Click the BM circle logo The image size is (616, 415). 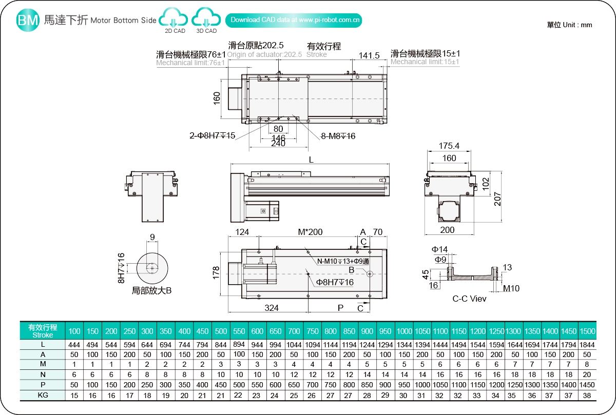pyautogui.click(x=28, y=20)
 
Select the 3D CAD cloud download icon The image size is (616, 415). pyautogui.click(x=206, y=20)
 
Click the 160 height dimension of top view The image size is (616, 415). pyautogui.click(x=217, y=97)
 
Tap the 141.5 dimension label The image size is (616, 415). pyautogui.click(x=369, y=56)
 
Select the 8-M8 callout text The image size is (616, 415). pyautogui.click(x=338, y=136)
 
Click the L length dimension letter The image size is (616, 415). pyautogui.click(x=311, y=160)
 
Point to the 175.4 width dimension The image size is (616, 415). pyautogui.click(x=449, y=146)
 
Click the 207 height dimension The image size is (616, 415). pyautogui.click(x=497, y=199)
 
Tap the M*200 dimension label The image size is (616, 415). pyautogui.click(x=310, y=232)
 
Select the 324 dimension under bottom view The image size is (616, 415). pyautogui.click(x=272, y=308)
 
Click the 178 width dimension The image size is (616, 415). pyautogui.click(x=217, y=272)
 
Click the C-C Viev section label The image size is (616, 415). pyautogui.click(x=469, y=298)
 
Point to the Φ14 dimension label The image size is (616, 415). pyautogui.click(x=440, y=249)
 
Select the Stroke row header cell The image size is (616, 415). pyautogui.click(x=43, y=331)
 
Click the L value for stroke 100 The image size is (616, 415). pyautogui.click(x=75, y=345)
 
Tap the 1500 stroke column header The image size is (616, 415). pyautogui.click(x=587, y=331)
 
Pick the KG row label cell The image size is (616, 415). pyautogui.click(x=43, y=395)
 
